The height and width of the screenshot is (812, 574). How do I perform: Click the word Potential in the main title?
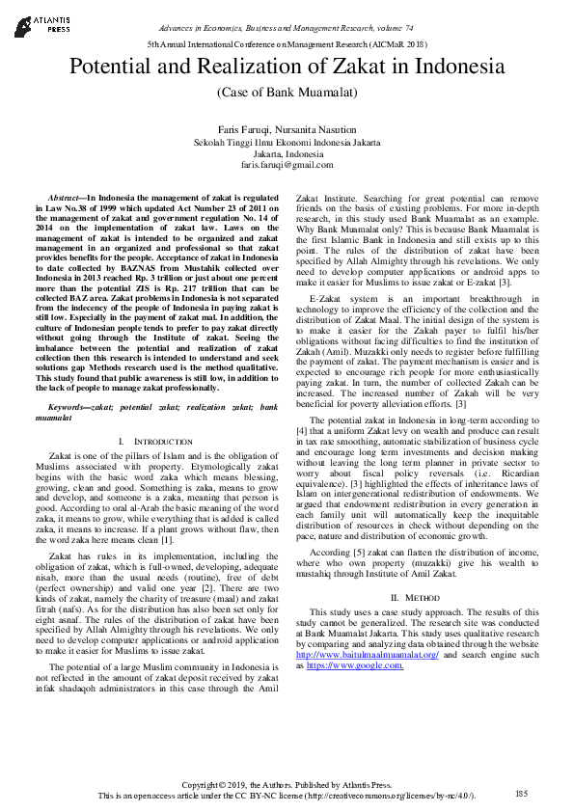[112, 68]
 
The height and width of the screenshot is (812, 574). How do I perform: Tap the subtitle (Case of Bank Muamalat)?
[287, 92]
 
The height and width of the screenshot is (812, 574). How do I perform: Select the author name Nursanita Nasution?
[319, 128]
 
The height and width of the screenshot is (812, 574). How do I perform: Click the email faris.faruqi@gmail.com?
[287, 166]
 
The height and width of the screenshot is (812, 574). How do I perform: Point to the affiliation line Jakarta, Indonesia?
[287, 153]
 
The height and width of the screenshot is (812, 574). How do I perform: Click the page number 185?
[522, 794]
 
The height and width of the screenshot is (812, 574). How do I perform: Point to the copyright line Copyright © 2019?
[287, 783]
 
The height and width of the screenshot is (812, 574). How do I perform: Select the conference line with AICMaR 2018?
[287, 45]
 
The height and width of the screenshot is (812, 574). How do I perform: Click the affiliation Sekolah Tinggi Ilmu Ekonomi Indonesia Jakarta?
[287, 141]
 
